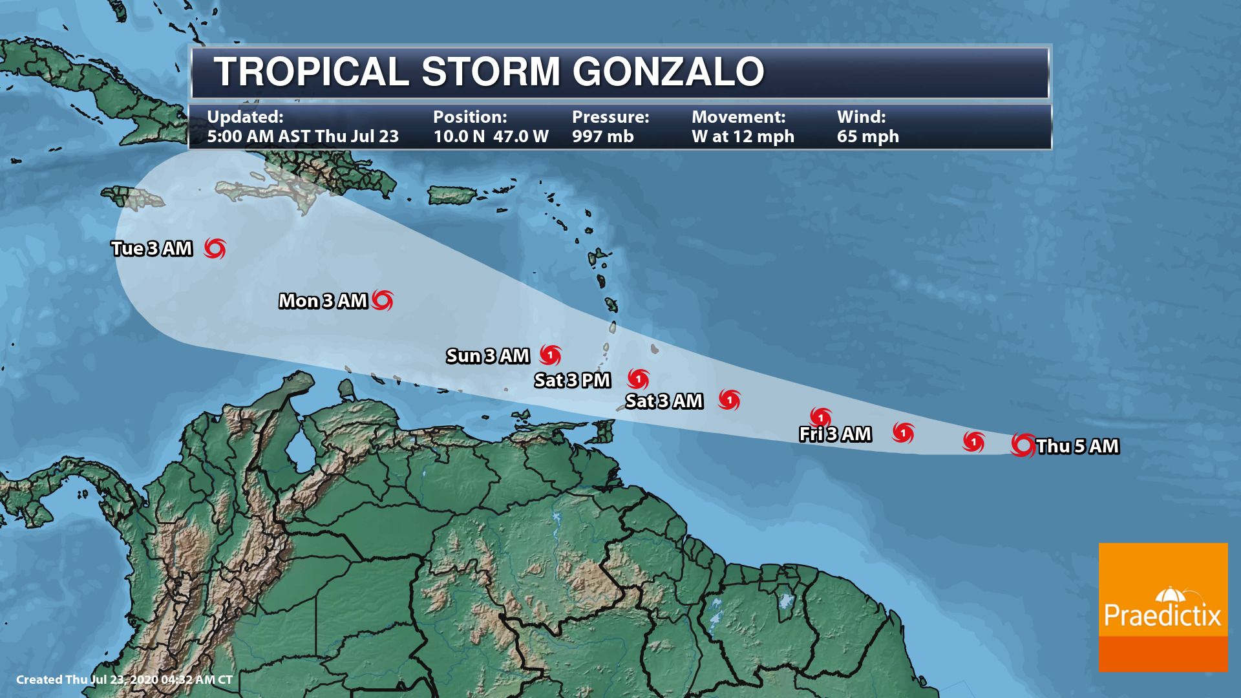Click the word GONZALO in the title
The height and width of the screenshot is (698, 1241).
(x=668, y=71)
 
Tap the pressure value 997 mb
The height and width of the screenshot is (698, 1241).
(x=602, y=136)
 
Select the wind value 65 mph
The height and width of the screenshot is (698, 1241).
(x=867, y=136)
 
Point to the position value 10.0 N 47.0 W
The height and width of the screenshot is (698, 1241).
(x=491, y=136)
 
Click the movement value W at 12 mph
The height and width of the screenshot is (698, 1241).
(x=743, y=136)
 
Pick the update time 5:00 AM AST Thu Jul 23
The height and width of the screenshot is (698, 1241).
(x=302, y=136)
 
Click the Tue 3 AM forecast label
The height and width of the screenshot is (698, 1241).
(x=152, y=249)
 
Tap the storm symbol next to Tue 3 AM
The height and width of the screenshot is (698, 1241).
(x=215, y=248)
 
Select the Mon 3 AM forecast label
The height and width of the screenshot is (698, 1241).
(x=323, y=301)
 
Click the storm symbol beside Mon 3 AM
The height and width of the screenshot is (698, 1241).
(x=383, y=300)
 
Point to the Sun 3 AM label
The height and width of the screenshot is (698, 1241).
(x=488, y=356)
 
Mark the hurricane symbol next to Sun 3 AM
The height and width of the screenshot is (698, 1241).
(x=551, y=355)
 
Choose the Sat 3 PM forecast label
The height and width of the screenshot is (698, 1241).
(x=572, y=381)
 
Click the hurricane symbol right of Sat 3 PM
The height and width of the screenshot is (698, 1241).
(x=639, y=379)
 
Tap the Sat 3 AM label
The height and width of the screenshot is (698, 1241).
(x=664, y=401)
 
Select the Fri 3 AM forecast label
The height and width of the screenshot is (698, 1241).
(x=835, y=434)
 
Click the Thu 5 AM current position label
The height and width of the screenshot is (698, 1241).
(x=1077, y=447)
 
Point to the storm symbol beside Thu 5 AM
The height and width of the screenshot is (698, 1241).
(x=1023, y=445)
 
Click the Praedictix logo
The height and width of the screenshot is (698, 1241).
(x=1163, y=608)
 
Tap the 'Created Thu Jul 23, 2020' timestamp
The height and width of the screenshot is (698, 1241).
(x=124, y=680)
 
